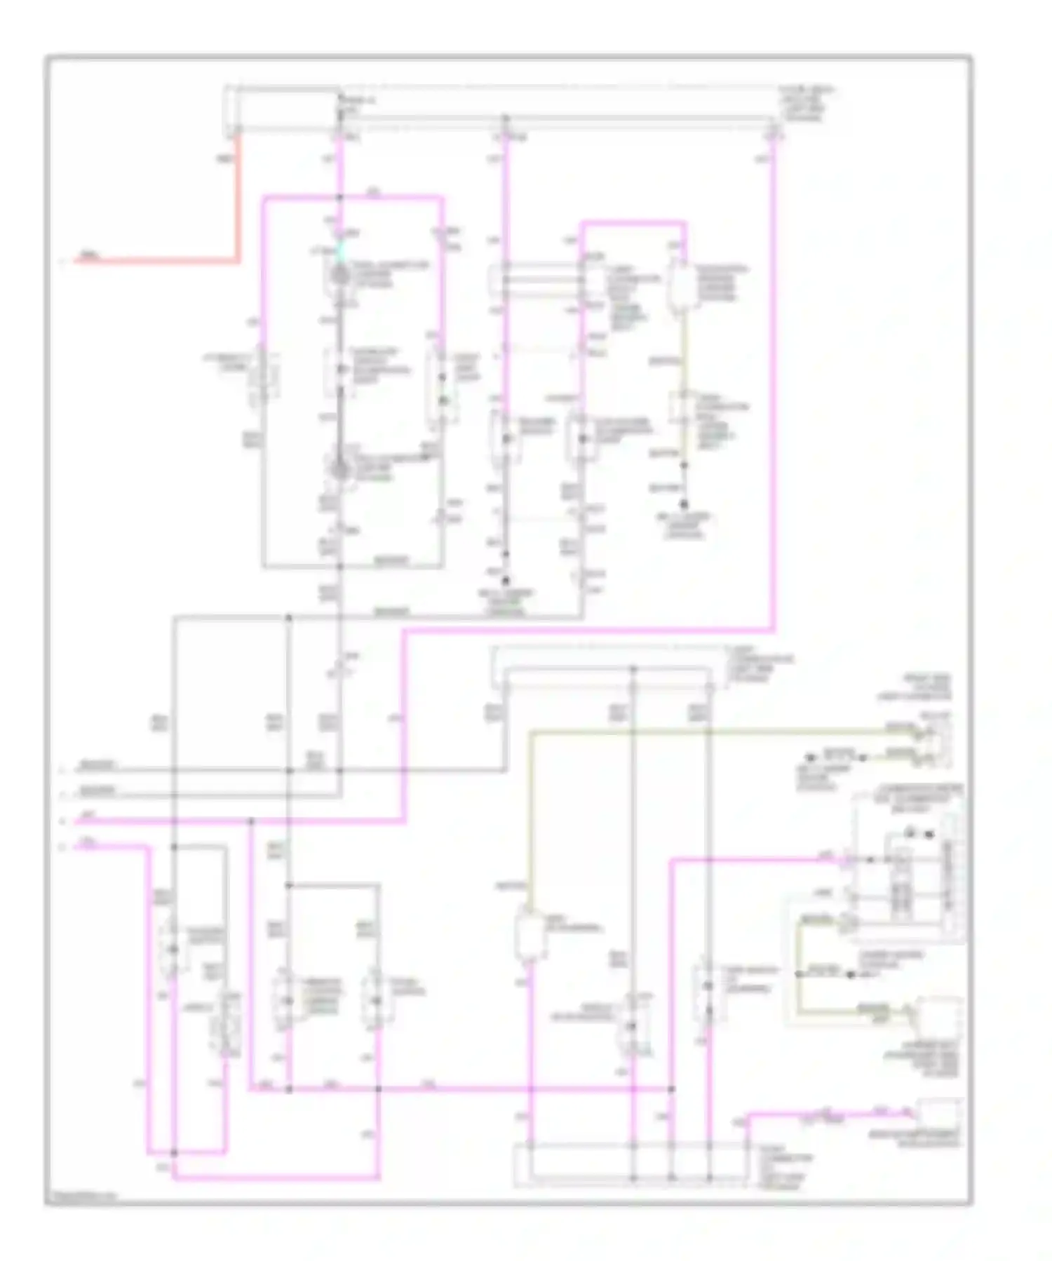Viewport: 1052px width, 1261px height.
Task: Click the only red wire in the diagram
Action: coord(238,210)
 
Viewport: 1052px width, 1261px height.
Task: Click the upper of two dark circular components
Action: coord(340,275)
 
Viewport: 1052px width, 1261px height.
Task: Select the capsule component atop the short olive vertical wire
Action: coord(681,287)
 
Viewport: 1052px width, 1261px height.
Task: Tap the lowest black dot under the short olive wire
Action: coord(684,504)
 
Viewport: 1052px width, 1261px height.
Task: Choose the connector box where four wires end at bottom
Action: coord(631,1164)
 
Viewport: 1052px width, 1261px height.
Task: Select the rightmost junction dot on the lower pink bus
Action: coord(671,1089)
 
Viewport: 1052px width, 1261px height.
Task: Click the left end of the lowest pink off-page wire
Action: coord(77,847)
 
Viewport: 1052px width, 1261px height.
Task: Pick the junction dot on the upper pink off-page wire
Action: coord(250,821)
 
